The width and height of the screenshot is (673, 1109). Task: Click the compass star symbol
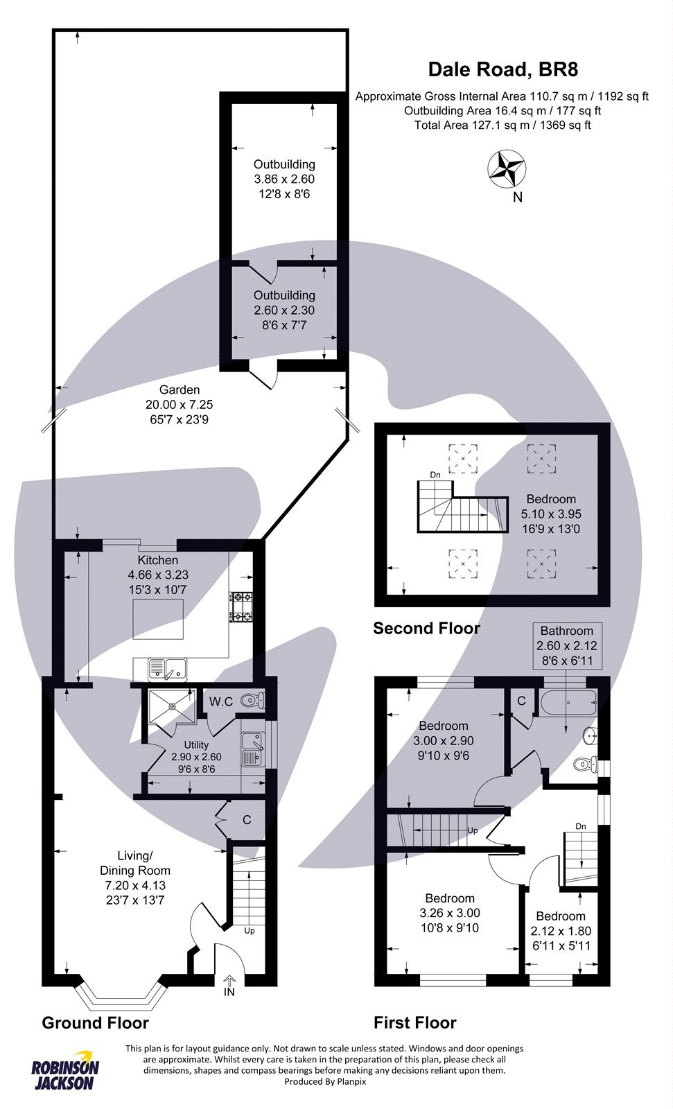(x=507, y=168)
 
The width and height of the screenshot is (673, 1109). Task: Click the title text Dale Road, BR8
(x=502, y=69)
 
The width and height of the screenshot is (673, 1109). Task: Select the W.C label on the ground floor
(x=221, y=701)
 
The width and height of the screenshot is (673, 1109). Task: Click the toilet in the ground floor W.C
(x=252, y=701)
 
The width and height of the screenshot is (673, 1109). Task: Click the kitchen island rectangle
(x=159, y=619)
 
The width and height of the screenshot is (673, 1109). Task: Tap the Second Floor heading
(x=426, y=629)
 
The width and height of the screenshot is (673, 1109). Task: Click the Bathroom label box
(x=567, y=645)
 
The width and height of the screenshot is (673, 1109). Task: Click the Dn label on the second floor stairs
(x=435, y=475)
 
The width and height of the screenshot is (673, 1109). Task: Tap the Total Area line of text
(x=502, y=125)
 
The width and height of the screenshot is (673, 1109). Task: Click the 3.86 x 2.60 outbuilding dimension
(x=284, y=179)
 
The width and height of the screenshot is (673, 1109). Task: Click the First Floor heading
(x=414, y=1022)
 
